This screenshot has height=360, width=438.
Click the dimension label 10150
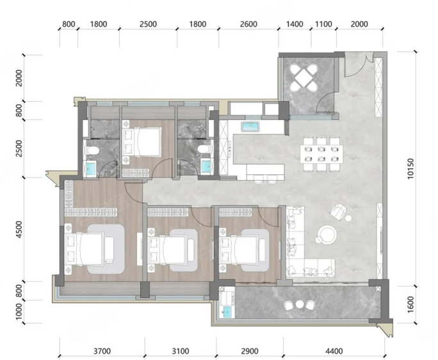click(410, 168)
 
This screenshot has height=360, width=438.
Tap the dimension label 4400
click(334, 351)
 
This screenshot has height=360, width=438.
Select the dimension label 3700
click(102, 351)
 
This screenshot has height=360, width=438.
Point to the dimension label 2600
click(248, 24)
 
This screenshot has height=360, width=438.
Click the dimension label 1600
click(410, 305)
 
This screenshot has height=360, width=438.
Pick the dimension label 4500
click(19, 229)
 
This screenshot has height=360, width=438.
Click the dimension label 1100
click(323, 24)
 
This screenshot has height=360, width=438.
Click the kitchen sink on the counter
click(250, 127)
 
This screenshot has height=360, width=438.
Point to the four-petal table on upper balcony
click(304, 78)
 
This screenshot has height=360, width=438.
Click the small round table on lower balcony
click(300, 304)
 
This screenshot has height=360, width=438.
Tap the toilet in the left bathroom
click(93, 151)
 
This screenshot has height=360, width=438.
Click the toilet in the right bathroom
click(204, 149)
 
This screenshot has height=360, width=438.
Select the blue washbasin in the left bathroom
click(91, 169)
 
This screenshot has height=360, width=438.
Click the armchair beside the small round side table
click(338, 211)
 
